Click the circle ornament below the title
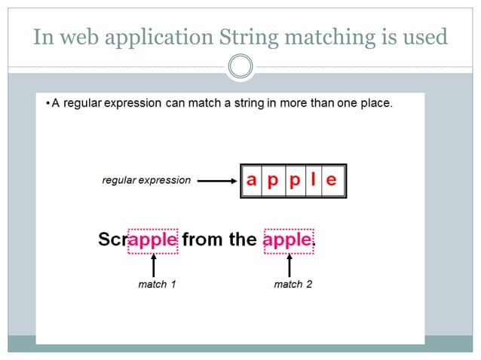click(x=240, y=67)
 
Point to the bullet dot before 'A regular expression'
click(x=47, y=102)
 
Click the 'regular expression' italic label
click(x=146, y=181)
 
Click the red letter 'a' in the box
click(x=251, y=181)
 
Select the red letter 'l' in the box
click(x=312, y=181)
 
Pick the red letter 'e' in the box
click(x=332, y=181)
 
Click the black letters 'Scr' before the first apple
click(x=113, y=239)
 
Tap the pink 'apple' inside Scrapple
click(x=153, y=239)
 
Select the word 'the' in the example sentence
click(x=243, y=239)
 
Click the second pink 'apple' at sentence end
click(x=287, y=239)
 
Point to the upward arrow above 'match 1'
click(x=154, y=265)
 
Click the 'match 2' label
click(x=293, y=284)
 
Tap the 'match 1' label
click(x=157, y=284)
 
